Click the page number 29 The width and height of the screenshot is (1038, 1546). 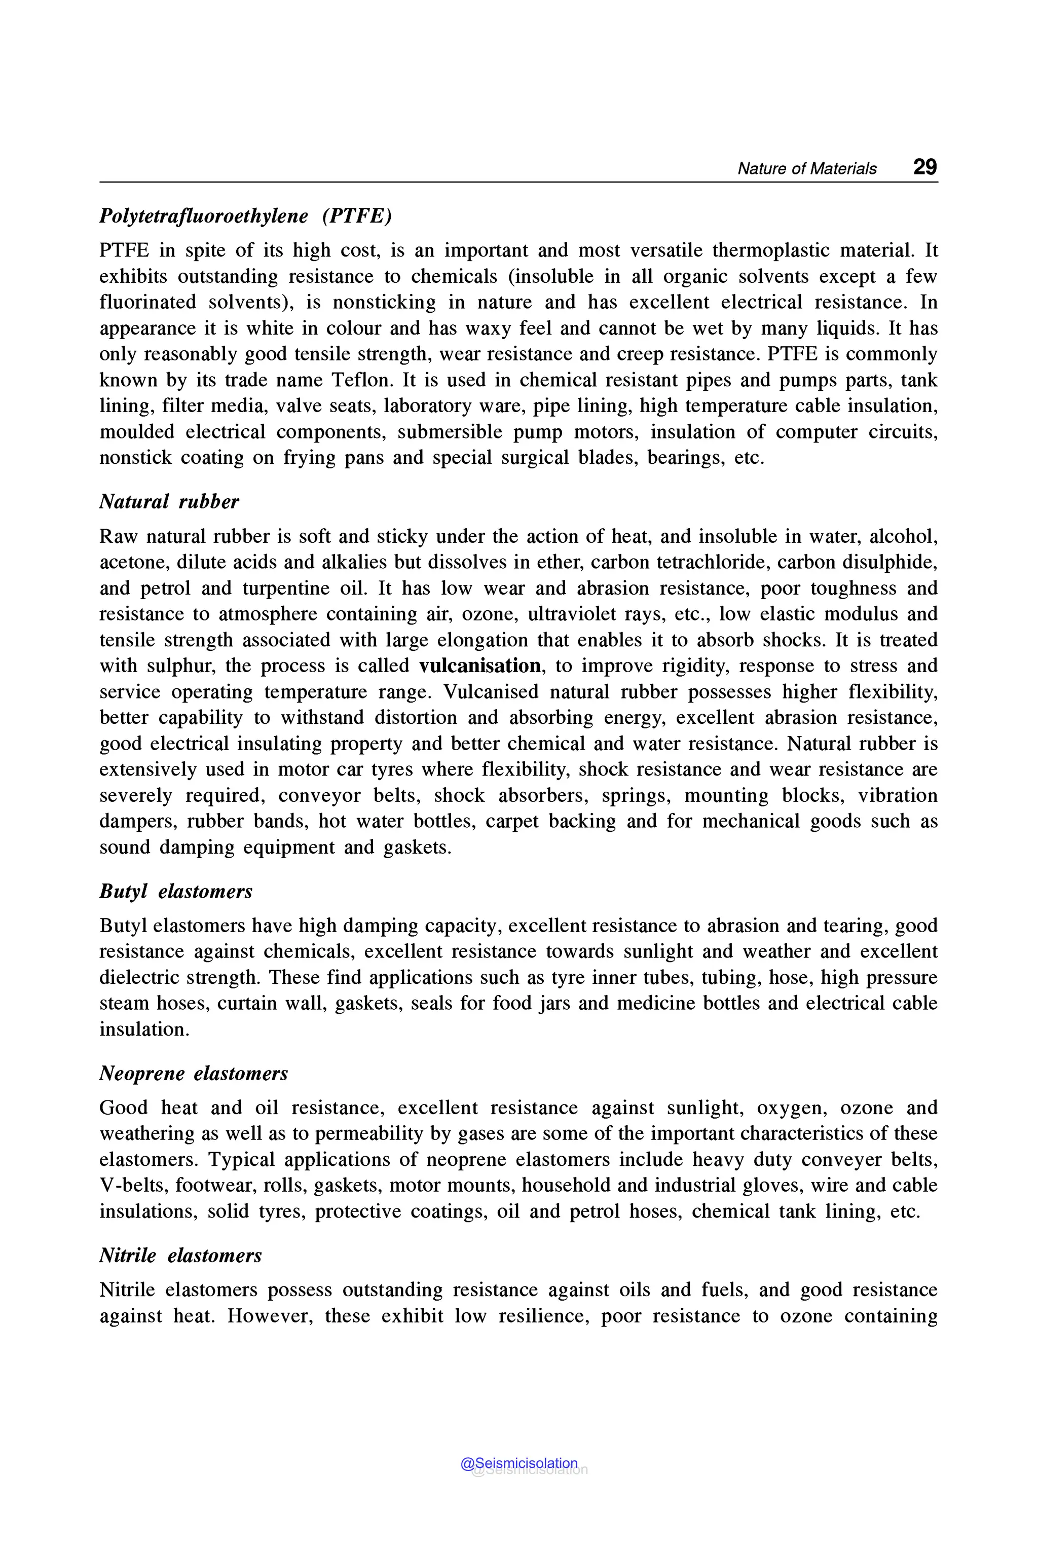coord(925,167)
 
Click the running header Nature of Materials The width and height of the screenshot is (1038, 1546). coord(806,169)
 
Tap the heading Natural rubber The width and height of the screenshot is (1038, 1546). coord(169,501)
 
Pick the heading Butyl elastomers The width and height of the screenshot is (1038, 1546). coord(176,891)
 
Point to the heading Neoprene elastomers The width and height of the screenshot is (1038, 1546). coord(193,1073)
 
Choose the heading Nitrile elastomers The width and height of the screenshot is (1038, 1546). coord(180,1256)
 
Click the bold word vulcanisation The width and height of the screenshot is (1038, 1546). coord(479,666)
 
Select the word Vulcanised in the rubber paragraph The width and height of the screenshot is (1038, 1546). coord(491,692)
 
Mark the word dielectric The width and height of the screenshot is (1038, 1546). coord(138,977)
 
